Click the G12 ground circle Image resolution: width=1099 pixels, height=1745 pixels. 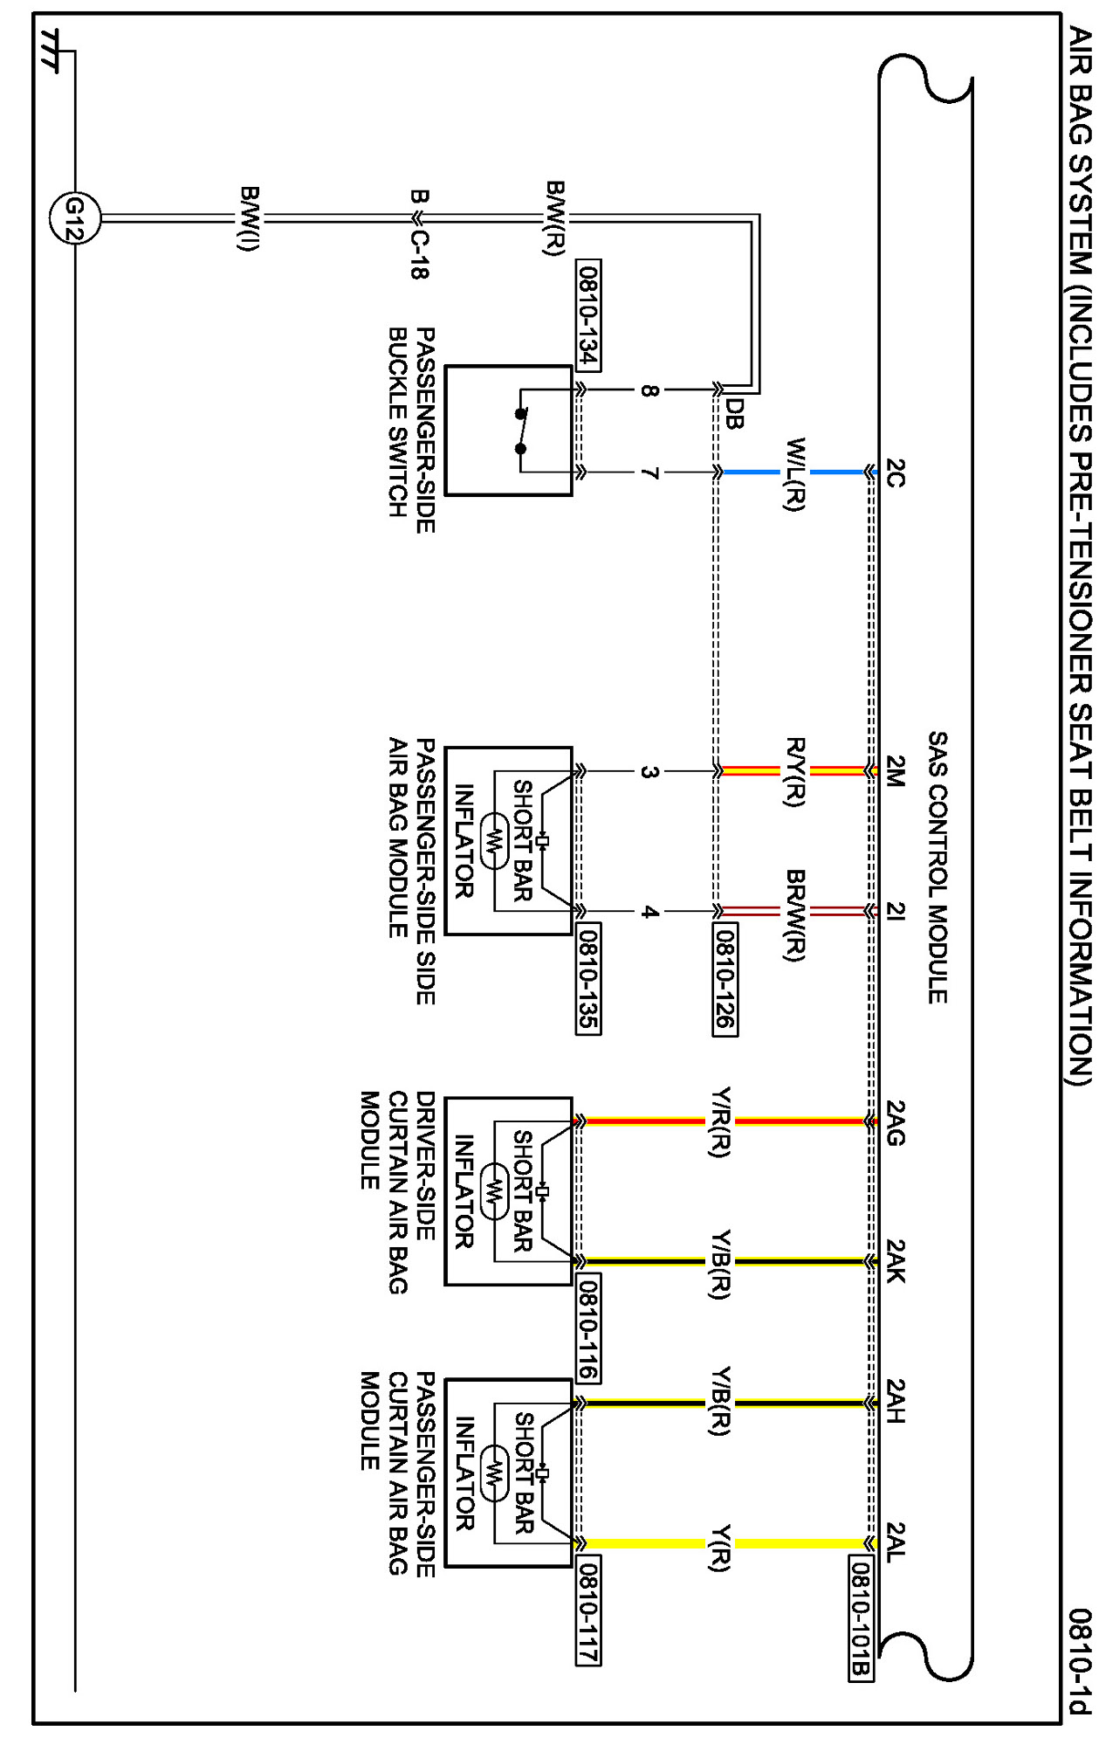pos(74,217)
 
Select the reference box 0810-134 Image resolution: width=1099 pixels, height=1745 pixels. pos(589,314)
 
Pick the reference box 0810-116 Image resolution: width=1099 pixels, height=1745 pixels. pos(589,1328)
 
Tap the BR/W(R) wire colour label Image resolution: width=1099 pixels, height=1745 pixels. pos(794,914)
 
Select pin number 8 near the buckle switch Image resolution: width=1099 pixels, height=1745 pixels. pos(649,390)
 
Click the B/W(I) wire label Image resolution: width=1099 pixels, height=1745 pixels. pos(249,217)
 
